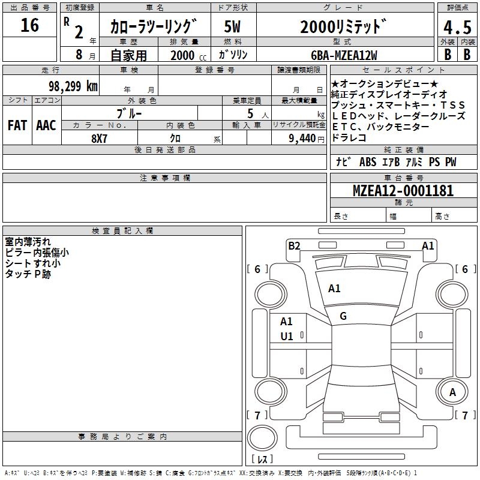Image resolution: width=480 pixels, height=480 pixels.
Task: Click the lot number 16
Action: click(x=29, y=25)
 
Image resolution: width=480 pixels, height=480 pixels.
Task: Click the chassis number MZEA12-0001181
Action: click(x=403, y=191)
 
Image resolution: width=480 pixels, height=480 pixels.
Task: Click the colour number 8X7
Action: click(x=100, y=139)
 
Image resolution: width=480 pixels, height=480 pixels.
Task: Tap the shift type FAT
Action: click(x=17, y=125)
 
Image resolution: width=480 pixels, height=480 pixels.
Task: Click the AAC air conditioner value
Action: click(x=46, y=125)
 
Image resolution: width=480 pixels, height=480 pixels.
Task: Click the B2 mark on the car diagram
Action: click(x=294, y=245)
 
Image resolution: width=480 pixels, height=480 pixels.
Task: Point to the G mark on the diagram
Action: click(x=343, y=316)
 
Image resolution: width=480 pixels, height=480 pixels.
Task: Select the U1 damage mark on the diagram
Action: click(x=287, y=337)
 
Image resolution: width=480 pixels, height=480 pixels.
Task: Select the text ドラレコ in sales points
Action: click(x=349, y=137)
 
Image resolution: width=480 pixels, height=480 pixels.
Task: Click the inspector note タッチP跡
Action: click(x=28, y=274)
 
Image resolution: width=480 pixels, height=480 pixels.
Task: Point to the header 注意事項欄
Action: click(x=165, y=178)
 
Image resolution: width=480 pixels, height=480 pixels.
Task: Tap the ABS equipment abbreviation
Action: click(x=368, y=162)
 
